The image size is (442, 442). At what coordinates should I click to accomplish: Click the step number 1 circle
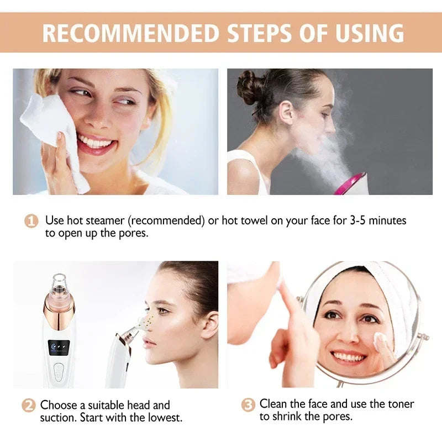pos(31,221)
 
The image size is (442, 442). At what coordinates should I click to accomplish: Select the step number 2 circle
pos(29,405)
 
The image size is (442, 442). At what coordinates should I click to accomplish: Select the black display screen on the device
pos(59,347)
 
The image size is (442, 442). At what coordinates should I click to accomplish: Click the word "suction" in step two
pos(61,417)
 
